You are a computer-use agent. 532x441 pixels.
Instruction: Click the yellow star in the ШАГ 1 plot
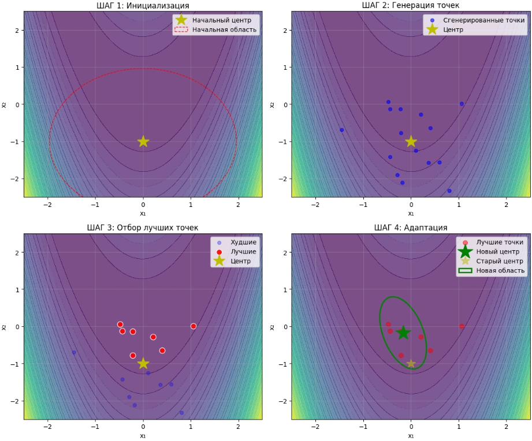(143, 141)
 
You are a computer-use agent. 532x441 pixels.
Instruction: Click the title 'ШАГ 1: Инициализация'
(143, 6)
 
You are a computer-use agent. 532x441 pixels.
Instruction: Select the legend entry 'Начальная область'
(224, 30)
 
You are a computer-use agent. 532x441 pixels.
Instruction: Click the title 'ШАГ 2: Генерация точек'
(411, 6)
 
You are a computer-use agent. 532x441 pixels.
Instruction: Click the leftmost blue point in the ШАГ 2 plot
(341, 130)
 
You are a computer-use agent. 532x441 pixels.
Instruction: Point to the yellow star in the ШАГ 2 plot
(411, 141)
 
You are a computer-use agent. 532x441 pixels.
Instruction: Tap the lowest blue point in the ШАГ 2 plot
(449, 191)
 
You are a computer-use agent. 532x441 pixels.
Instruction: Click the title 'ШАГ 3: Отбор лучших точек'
(143, 228)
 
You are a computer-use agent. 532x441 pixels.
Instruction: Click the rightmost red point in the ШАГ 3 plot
(194, 326)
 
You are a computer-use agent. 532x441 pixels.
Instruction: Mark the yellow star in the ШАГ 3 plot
(143, 363)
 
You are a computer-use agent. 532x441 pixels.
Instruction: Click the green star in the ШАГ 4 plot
(403, 333)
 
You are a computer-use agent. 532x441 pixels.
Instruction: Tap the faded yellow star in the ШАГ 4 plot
(411, 363)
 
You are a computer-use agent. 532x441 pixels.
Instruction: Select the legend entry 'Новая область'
(500, 270)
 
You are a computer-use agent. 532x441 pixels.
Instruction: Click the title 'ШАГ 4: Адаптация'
(411, 228)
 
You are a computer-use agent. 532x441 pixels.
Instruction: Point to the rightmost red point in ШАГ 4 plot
(462, 326)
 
